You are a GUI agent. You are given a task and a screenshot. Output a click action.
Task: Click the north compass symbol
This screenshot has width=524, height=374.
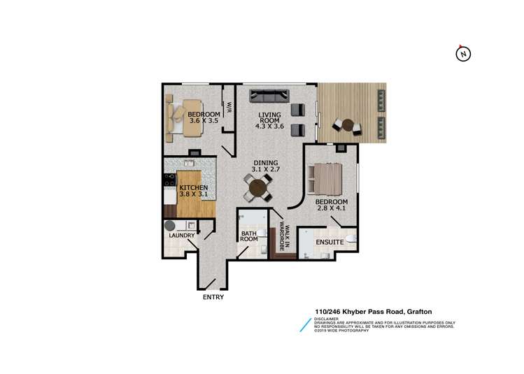[x=463, y=54]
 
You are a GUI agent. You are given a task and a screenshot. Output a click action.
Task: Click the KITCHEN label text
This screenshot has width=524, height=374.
[x=193, y=188]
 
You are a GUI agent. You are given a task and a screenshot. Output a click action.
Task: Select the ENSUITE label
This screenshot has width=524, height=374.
[x=329, y=242]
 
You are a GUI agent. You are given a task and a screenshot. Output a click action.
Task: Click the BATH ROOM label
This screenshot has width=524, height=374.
[x=250, y=237]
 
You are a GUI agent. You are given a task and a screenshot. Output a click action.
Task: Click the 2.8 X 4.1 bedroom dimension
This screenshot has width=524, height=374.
[x=331, y=208]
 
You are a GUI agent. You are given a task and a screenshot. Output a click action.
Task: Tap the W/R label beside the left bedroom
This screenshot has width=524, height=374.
[x=229, y=110]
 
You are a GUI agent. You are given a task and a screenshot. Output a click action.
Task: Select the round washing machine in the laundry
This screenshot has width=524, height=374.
[x=170, y=226]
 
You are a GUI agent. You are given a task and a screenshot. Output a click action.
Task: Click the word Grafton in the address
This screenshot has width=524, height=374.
[x=417, y=310]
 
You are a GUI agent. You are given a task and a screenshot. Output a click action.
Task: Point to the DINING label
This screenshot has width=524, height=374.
[x=266, y=163]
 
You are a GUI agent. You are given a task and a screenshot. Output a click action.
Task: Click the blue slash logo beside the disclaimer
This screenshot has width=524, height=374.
[x=304, y=324]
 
